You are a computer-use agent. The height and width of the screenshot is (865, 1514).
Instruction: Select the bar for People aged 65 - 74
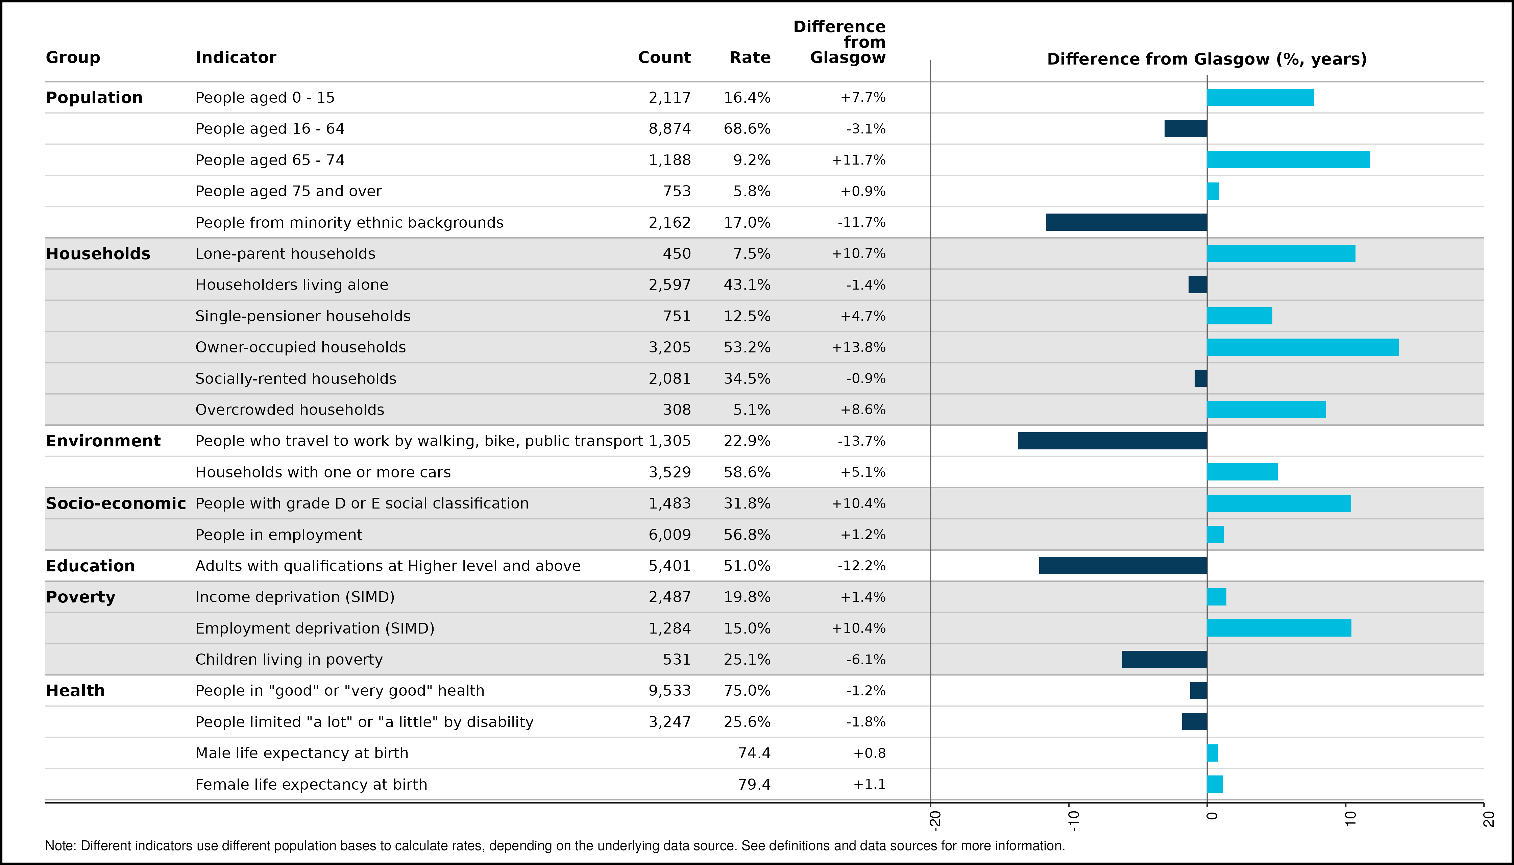point(1288,160)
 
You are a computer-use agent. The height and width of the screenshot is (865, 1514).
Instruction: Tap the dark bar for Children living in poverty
point(1165,660)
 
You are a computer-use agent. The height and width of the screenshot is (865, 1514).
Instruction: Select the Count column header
point(664,58)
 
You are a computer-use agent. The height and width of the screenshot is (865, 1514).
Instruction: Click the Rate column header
point(750,58)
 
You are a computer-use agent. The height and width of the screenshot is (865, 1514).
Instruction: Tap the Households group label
point(98,254)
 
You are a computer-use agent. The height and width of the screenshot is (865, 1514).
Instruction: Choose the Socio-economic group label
point(116,503)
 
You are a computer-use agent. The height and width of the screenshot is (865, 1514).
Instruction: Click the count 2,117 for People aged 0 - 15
point(670,97)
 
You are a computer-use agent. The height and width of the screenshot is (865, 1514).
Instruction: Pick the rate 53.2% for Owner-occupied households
point(747,347)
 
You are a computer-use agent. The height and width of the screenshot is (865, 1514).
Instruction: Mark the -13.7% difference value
point(861,441)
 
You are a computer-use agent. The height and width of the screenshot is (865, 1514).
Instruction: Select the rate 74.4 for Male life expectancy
point(754,753)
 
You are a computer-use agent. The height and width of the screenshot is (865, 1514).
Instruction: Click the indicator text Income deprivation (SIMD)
point(295,597)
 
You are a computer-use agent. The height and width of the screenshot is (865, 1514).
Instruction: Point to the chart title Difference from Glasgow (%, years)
point(1207,59)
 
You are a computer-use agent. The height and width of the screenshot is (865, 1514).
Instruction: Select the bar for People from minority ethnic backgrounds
point(1127,222)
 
